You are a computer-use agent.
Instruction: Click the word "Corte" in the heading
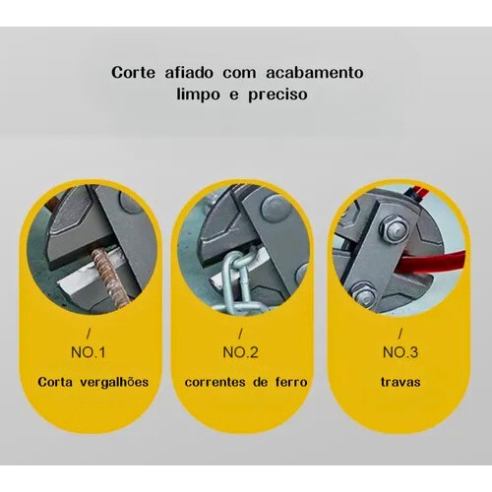coord(133,73)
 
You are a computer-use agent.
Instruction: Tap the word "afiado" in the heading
coord(189,73)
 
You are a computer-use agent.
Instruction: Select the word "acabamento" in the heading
coord(315,73)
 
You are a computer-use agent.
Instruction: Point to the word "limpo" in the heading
coord(198,94)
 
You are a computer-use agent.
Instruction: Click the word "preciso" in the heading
coord(277,94)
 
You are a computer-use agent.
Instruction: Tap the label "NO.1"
coord(89,352)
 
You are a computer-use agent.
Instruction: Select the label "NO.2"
coord(240,352)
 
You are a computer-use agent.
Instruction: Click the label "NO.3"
coord(400,352)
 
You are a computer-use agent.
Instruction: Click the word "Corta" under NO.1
coord(55,382)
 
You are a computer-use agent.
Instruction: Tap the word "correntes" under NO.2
coord(215,383)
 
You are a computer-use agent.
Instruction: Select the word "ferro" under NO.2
coord(291,382)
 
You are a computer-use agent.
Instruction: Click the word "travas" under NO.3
coord(400,383)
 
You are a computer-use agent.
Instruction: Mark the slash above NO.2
coord(240,334)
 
